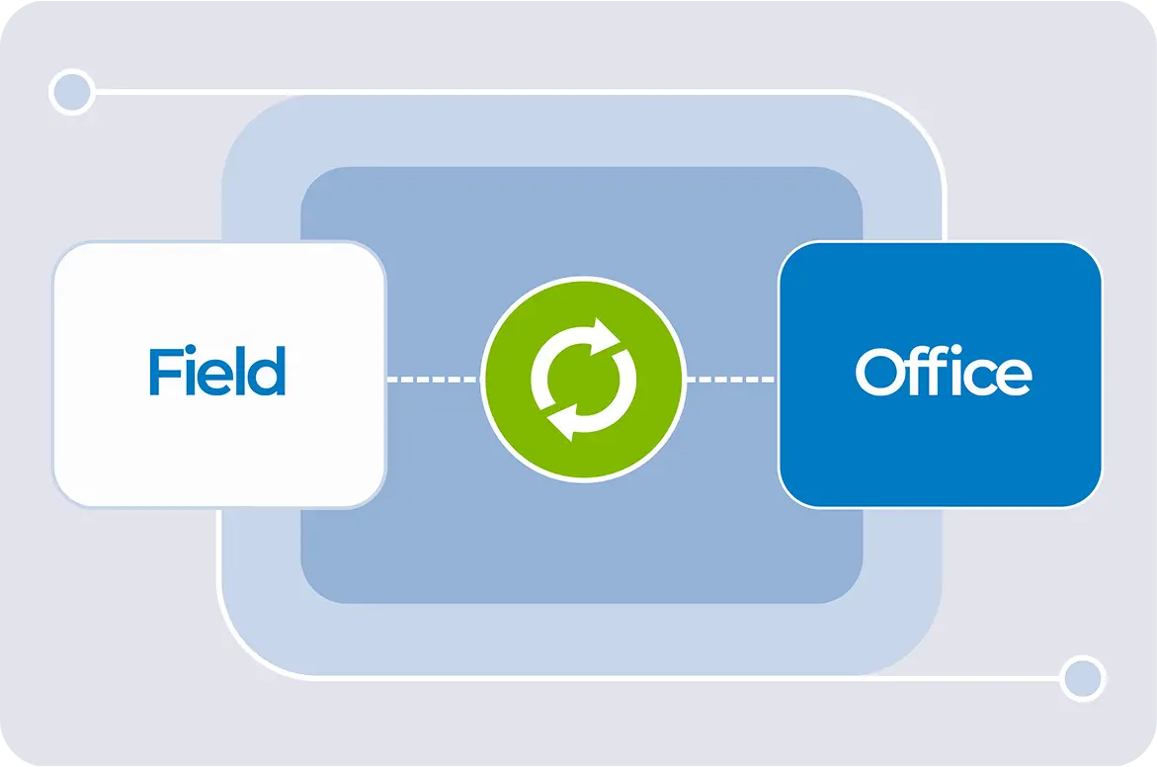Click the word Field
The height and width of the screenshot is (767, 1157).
click(217, 372)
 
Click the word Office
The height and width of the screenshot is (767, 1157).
click(943, 373)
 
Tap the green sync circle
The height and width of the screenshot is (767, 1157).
click(583, 380)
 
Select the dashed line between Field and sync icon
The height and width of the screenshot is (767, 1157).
click(433, 379)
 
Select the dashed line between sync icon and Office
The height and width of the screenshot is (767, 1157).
click(732, 379)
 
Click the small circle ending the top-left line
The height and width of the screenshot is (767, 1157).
click(71, 93)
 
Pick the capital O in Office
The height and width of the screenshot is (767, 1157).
click(879, 373)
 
